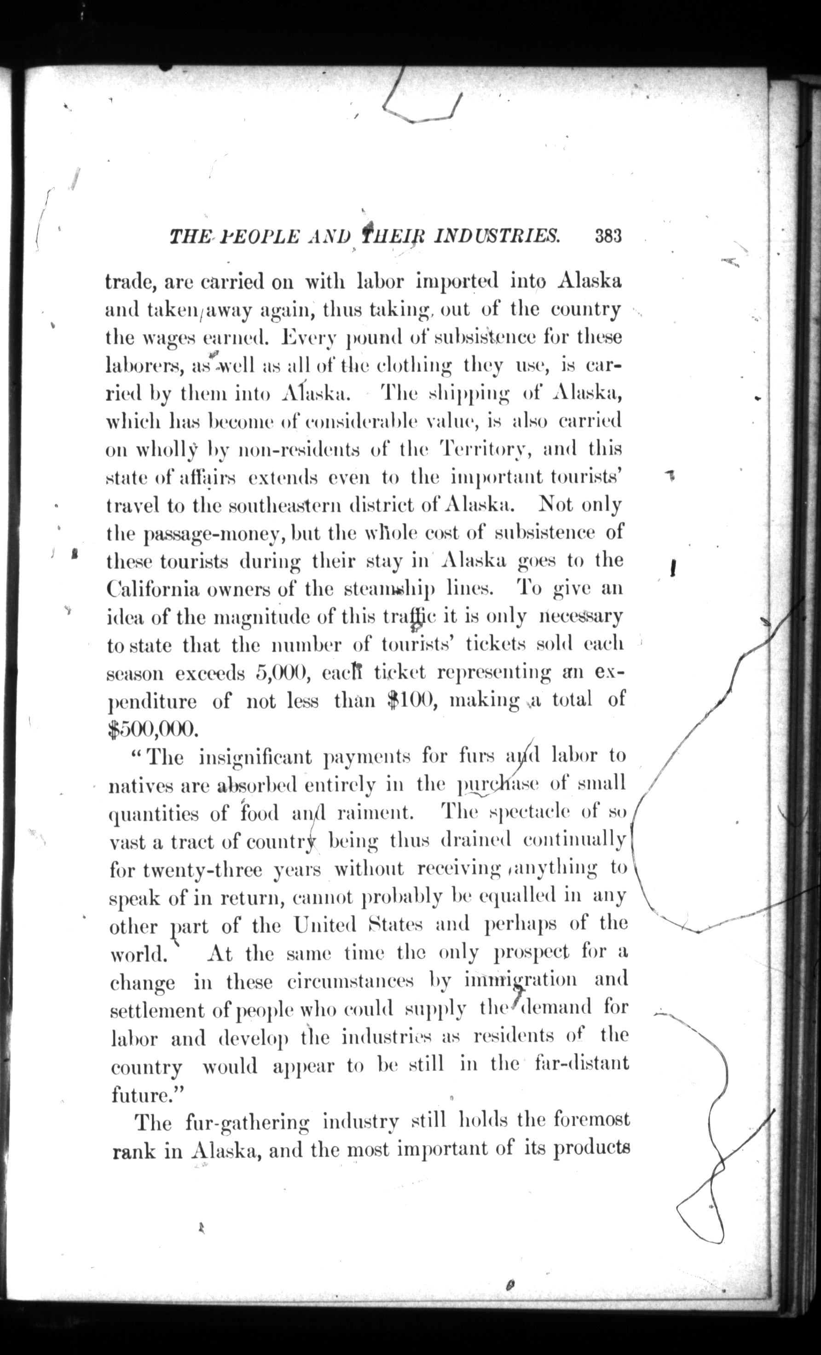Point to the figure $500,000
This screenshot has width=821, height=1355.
pyautogui.click(x=151, y=728)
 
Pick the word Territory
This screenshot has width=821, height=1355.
pyautogui.click(x=486, y=450)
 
